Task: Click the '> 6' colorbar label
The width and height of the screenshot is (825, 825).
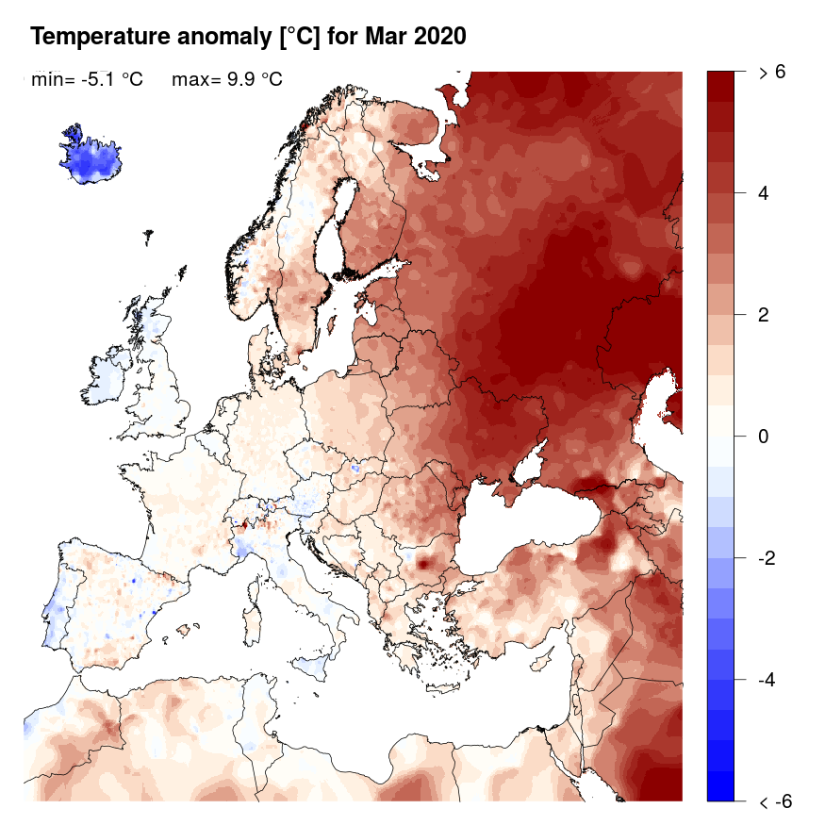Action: click(771, 73)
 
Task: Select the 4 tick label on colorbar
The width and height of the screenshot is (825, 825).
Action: click(764, 193)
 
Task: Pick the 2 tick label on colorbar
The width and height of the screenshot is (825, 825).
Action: click(764, 315)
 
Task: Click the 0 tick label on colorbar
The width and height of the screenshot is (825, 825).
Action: click(764, 437)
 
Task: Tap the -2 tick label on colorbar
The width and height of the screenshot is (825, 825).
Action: click(767, 558)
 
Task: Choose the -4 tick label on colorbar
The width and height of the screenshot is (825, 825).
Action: click(767, 680)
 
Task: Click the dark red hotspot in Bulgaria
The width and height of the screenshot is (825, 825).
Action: click(423, 563)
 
